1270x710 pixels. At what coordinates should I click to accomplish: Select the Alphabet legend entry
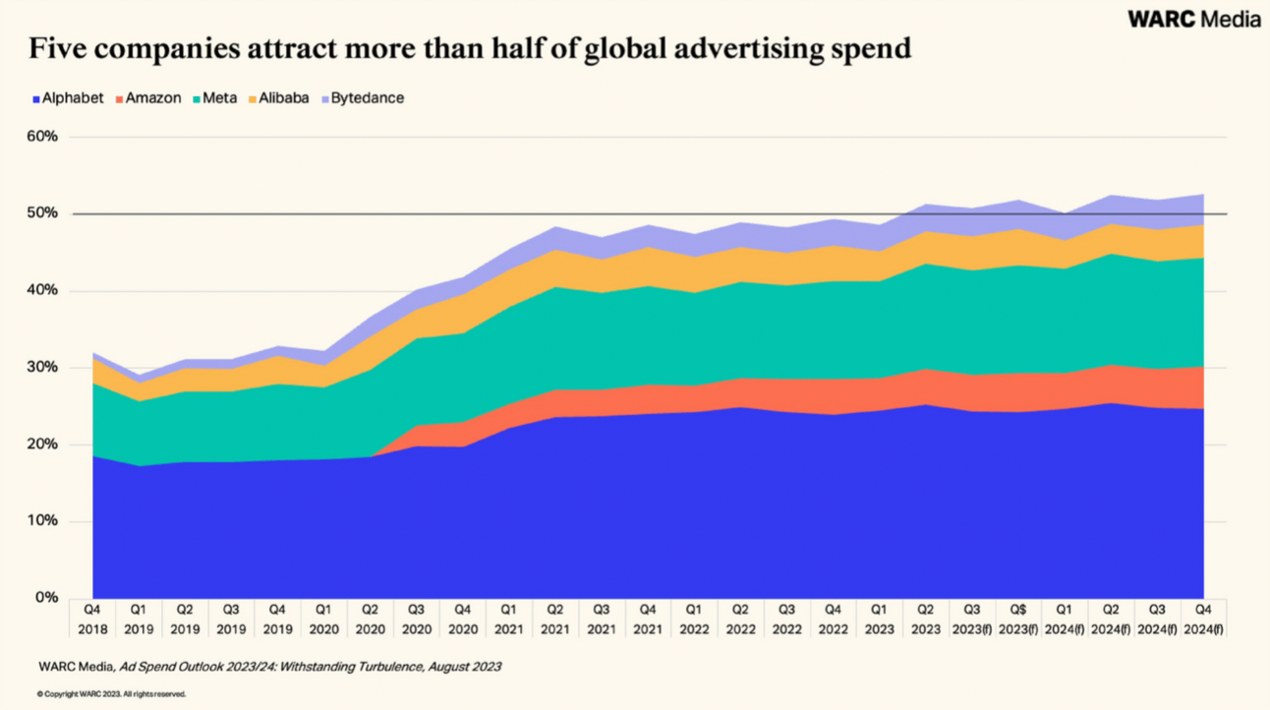(68, 98)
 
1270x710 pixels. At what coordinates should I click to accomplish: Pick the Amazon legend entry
(147, 98)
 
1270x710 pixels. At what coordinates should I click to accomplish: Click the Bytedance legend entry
(361, 98)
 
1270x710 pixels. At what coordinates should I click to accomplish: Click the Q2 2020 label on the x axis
(370, 620)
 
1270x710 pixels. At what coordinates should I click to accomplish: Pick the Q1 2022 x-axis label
(693, 620)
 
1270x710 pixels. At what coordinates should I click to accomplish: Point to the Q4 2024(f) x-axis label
(1202, 620)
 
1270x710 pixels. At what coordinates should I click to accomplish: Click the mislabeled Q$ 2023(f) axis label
(1017, 620)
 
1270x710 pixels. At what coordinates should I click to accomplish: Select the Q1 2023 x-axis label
(878, 620)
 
